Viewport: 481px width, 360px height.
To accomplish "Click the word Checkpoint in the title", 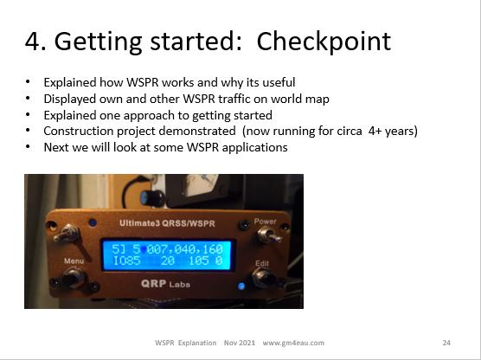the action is pyautogui.click(x=324, y=42).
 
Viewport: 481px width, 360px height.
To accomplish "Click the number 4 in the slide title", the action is pyautogui.click(x=32, y=42).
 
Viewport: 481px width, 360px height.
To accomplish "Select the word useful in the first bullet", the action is pyautogui.click(x=279, y=82).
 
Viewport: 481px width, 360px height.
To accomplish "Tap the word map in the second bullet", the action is pyautogui.click(x=317, y=100).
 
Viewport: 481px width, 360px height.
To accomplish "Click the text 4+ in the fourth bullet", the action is pyautogui.click(x=375, y=131).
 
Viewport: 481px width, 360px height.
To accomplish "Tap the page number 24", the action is pyautogui.click(x=446, y=343).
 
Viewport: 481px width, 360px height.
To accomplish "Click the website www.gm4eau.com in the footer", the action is pyautogui.click(x=293, y=343).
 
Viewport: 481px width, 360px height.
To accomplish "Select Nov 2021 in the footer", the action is pyautogui.click(x=240, y=343).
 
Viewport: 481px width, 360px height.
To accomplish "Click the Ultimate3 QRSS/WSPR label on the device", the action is pyautogui.click(x=167, y=223).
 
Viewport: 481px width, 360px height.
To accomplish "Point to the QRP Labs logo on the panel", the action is pyautogui.click(x=165, y=284).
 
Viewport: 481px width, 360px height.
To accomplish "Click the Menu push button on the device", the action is pyautogui.click(x=72, y=279).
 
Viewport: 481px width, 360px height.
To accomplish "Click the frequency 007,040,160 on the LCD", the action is pyautogui.click(x=184, y=249).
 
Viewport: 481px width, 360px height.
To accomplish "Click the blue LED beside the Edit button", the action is pyautogui.click(x=241, y=286).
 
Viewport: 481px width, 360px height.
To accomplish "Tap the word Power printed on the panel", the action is pyautogui.click(x=265, y=222).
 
